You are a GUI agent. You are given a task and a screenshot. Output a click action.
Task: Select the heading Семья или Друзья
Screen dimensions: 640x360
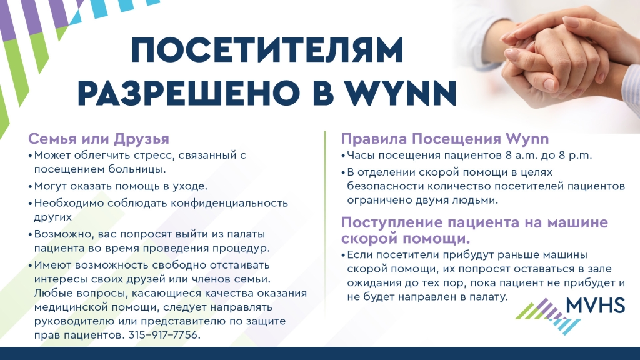(98, 139)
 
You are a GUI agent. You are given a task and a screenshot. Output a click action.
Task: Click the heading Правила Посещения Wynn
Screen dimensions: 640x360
(445, 139)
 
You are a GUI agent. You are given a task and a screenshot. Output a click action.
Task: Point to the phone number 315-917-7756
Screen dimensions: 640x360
(163, 335)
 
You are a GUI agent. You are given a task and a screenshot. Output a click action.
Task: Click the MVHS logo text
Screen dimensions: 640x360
(596, 305)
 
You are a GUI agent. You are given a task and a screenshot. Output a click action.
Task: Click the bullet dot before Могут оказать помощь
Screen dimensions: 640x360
(30, 187)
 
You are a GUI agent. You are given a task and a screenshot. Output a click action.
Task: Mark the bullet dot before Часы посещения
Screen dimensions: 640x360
(343, 156)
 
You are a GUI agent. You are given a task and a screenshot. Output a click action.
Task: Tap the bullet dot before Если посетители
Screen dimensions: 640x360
(343, 256)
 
